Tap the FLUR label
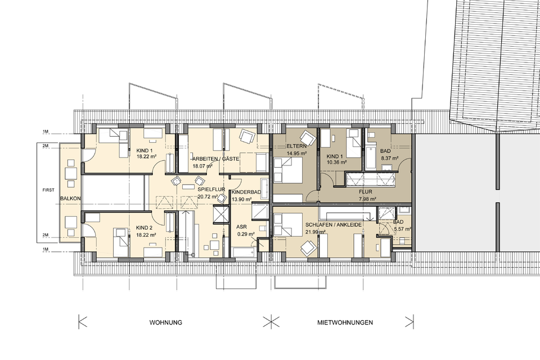pyautogui.click(x=365, y=191)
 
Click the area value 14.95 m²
pyautogui.click(x=296, y=153)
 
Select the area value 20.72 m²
pyautogui.click(x=208, y=197)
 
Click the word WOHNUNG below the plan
pyautogui.click(x=165, y=322)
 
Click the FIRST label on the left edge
pyautogui.click(x=49, y=191)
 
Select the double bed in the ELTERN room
pyautogui.click(x=288, y=175)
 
